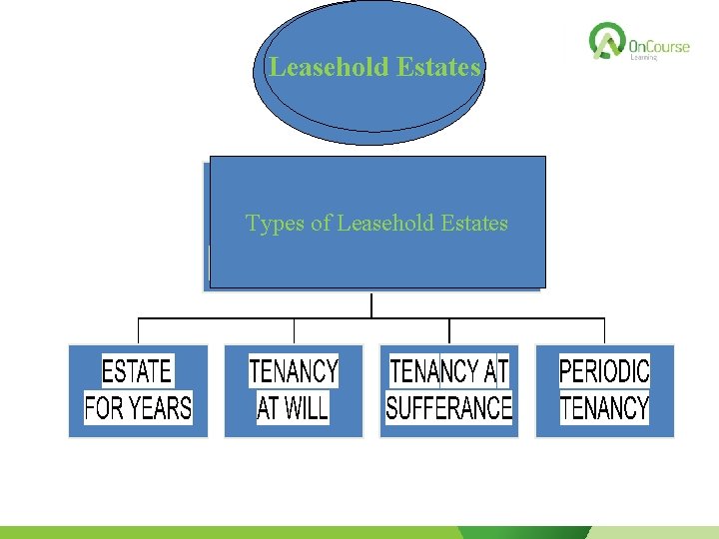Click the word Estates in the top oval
(438, 68)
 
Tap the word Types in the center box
(276, 224)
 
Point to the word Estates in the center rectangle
(470, 224)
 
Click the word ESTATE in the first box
(138, 371)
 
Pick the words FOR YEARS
(138, 407)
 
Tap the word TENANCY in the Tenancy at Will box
(294, 371)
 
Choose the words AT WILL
(294, 407)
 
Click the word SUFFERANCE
(449, 407)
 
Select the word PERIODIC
(604, 371)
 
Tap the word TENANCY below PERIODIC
(604, 407)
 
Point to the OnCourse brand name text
(659, 45)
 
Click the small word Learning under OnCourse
(644, 58)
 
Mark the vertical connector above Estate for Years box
(138, 331)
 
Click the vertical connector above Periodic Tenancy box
(605, 331)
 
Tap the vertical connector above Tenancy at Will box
(294, 331)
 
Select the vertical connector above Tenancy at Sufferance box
(449, 331)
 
